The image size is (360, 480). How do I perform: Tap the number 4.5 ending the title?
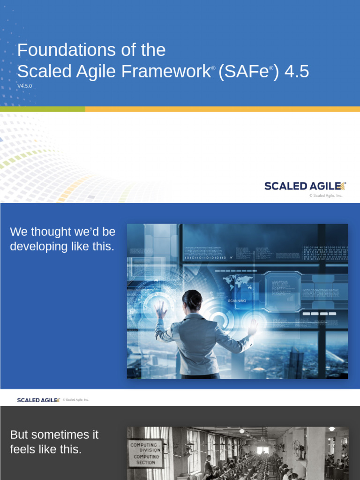point(297,72)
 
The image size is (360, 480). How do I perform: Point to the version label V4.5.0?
point(24,86)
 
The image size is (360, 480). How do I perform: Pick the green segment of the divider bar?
point(42,109)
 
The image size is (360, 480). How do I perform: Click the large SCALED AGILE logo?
point(305,186)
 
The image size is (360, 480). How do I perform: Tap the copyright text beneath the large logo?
point(326,195)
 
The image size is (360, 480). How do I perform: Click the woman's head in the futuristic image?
point(192,300)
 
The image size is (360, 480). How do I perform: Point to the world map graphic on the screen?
point(238,282)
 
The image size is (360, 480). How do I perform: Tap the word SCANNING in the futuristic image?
point(237,300)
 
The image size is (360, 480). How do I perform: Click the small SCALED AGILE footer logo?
point(38,400)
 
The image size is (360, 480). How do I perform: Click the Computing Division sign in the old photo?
point(146,453)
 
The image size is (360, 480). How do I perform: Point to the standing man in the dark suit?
point(208,466)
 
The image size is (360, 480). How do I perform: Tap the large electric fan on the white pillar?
point(298,450)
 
